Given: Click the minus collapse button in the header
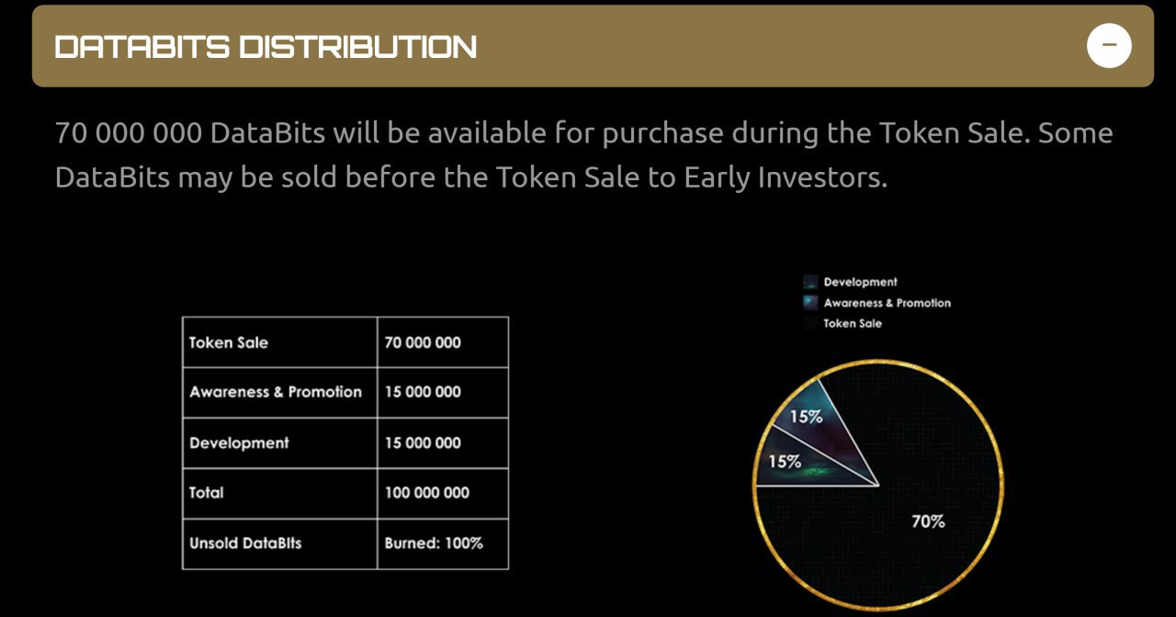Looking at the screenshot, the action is [x=1109, y=45].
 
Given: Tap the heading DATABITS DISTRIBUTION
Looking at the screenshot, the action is [x=266, y=47].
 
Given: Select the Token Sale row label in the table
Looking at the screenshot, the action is [x=229, y=343].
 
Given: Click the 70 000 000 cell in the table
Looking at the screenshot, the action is [x=423, y=343].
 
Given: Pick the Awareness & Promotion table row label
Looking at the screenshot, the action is [x=276, y=392].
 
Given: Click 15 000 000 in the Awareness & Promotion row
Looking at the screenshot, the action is [x=423, y=392].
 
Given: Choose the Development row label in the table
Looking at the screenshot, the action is [x=239, y=443].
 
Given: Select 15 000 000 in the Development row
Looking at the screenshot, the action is [x=423, y=443].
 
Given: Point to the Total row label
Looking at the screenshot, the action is [x=207, y=493].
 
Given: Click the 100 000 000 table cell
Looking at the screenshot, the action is [x=427, y=493].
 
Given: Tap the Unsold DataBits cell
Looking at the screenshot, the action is [x=245, y=543].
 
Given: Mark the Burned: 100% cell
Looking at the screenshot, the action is [x=434, y=543].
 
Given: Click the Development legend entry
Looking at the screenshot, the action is [x=850, y=282].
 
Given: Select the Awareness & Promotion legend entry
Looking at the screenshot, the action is [x=876, y=303].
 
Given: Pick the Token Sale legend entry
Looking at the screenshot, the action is [x=842, y=324].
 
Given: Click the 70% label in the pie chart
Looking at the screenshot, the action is [x=928, y=521].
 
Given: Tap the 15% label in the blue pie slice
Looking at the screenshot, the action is [x=806, y=417].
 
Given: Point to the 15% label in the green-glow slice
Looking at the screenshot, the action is [x=785, y=462].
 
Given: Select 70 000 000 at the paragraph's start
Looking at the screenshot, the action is [x=129, y=133].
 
